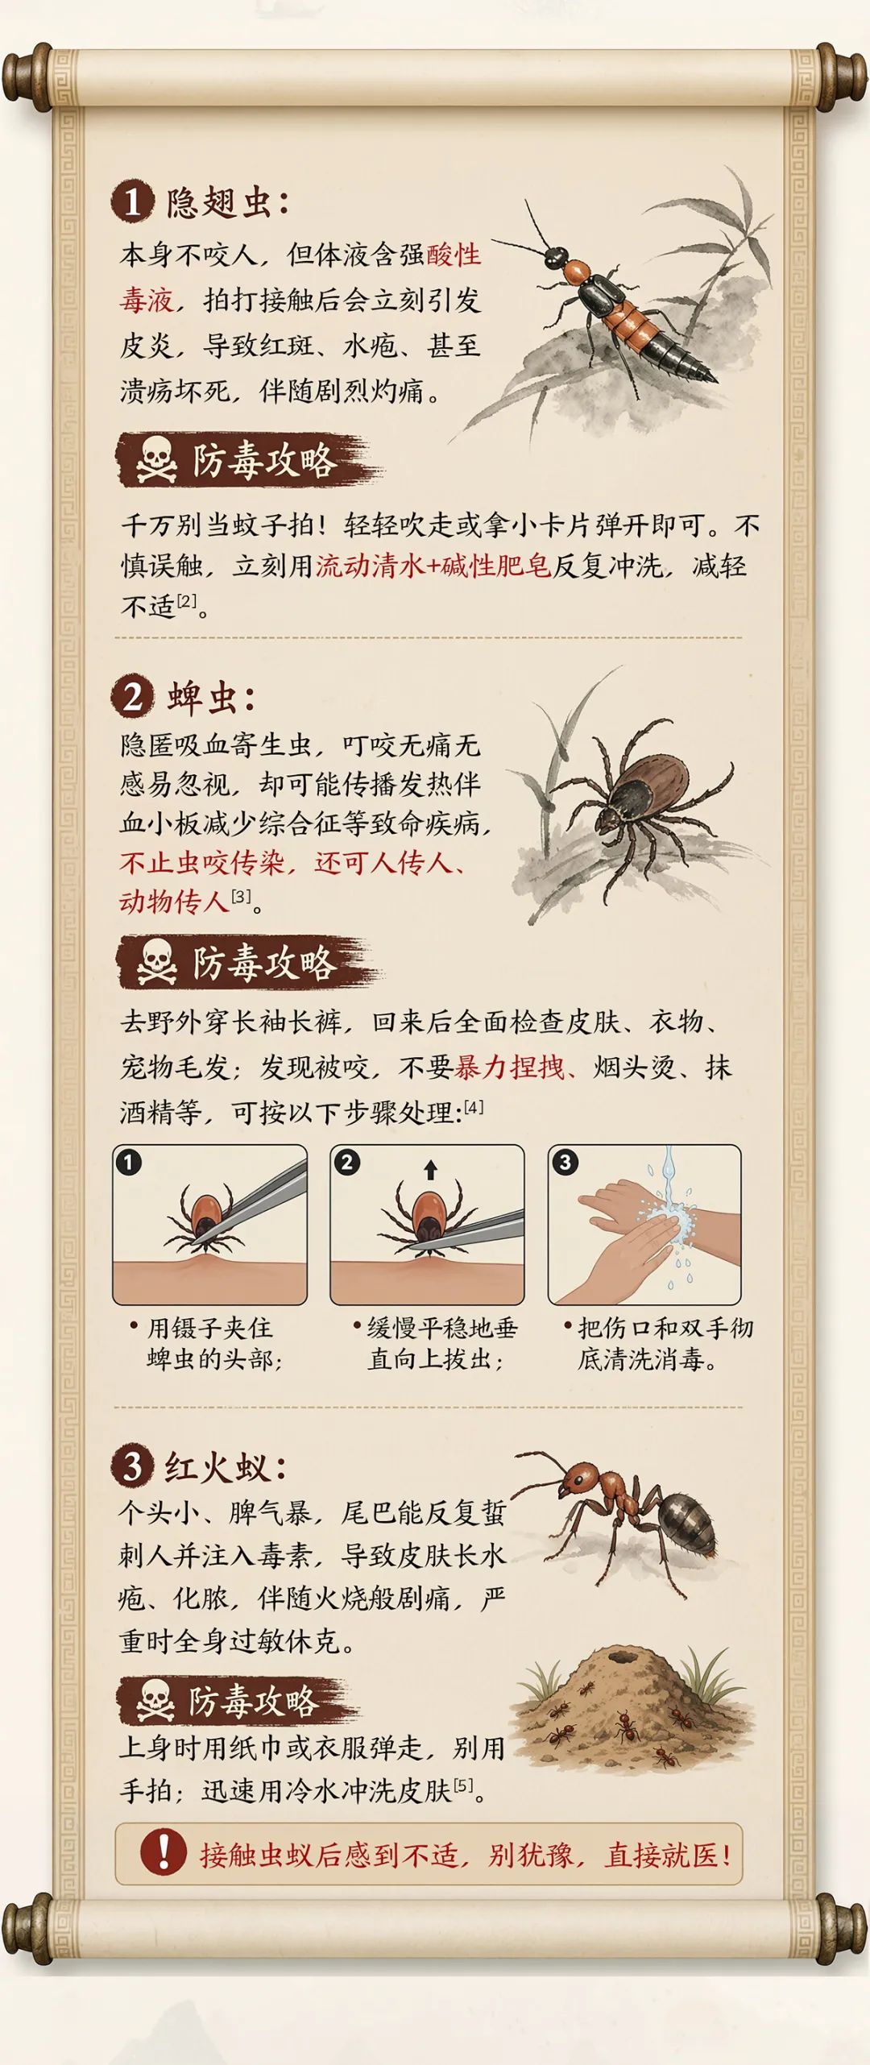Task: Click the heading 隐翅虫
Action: click(x=217, y=202)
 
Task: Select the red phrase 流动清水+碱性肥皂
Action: click(x=433, y=566)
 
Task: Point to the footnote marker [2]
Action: click(x=186, y=600)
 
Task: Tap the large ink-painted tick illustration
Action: click(x=636, y=802)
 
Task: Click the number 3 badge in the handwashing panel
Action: click(x=565, y=1163)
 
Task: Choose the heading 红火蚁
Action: click(x=216, y=1467)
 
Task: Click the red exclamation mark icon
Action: click(x=163, y=1852)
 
